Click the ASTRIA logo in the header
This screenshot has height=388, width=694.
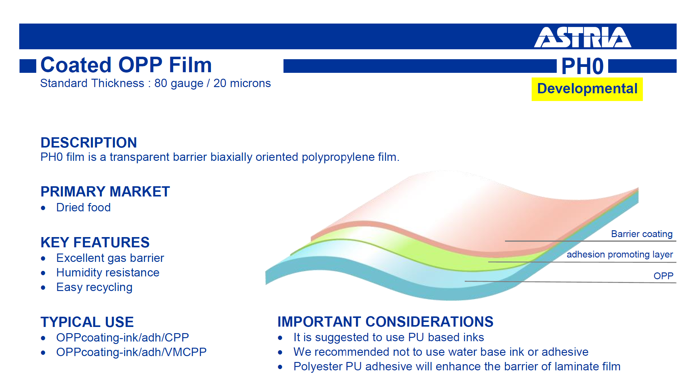point(582,37)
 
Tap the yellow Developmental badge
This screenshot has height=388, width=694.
point(587,89)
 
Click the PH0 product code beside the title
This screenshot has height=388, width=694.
point(582,66)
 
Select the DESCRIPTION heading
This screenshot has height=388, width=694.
point(89,143)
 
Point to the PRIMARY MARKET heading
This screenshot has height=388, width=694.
point(105,192)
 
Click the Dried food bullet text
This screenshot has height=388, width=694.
point(83,207)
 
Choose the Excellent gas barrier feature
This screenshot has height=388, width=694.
point(110,258)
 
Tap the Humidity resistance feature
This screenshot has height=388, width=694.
point(108,273)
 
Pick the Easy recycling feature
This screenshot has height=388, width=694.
point(94,287)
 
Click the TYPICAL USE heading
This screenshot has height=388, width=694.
point(87,322)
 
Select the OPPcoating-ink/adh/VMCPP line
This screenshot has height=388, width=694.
point(131,352)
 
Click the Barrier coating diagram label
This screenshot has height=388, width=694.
point(642,234)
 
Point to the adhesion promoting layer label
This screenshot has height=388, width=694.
point(620,254)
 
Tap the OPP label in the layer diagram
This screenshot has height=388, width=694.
point(663,276)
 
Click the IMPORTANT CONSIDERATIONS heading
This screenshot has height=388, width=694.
point(385,322)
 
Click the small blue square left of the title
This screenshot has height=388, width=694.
point(28,66)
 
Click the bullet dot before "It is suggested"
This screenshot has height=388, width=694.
point(280,338)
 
